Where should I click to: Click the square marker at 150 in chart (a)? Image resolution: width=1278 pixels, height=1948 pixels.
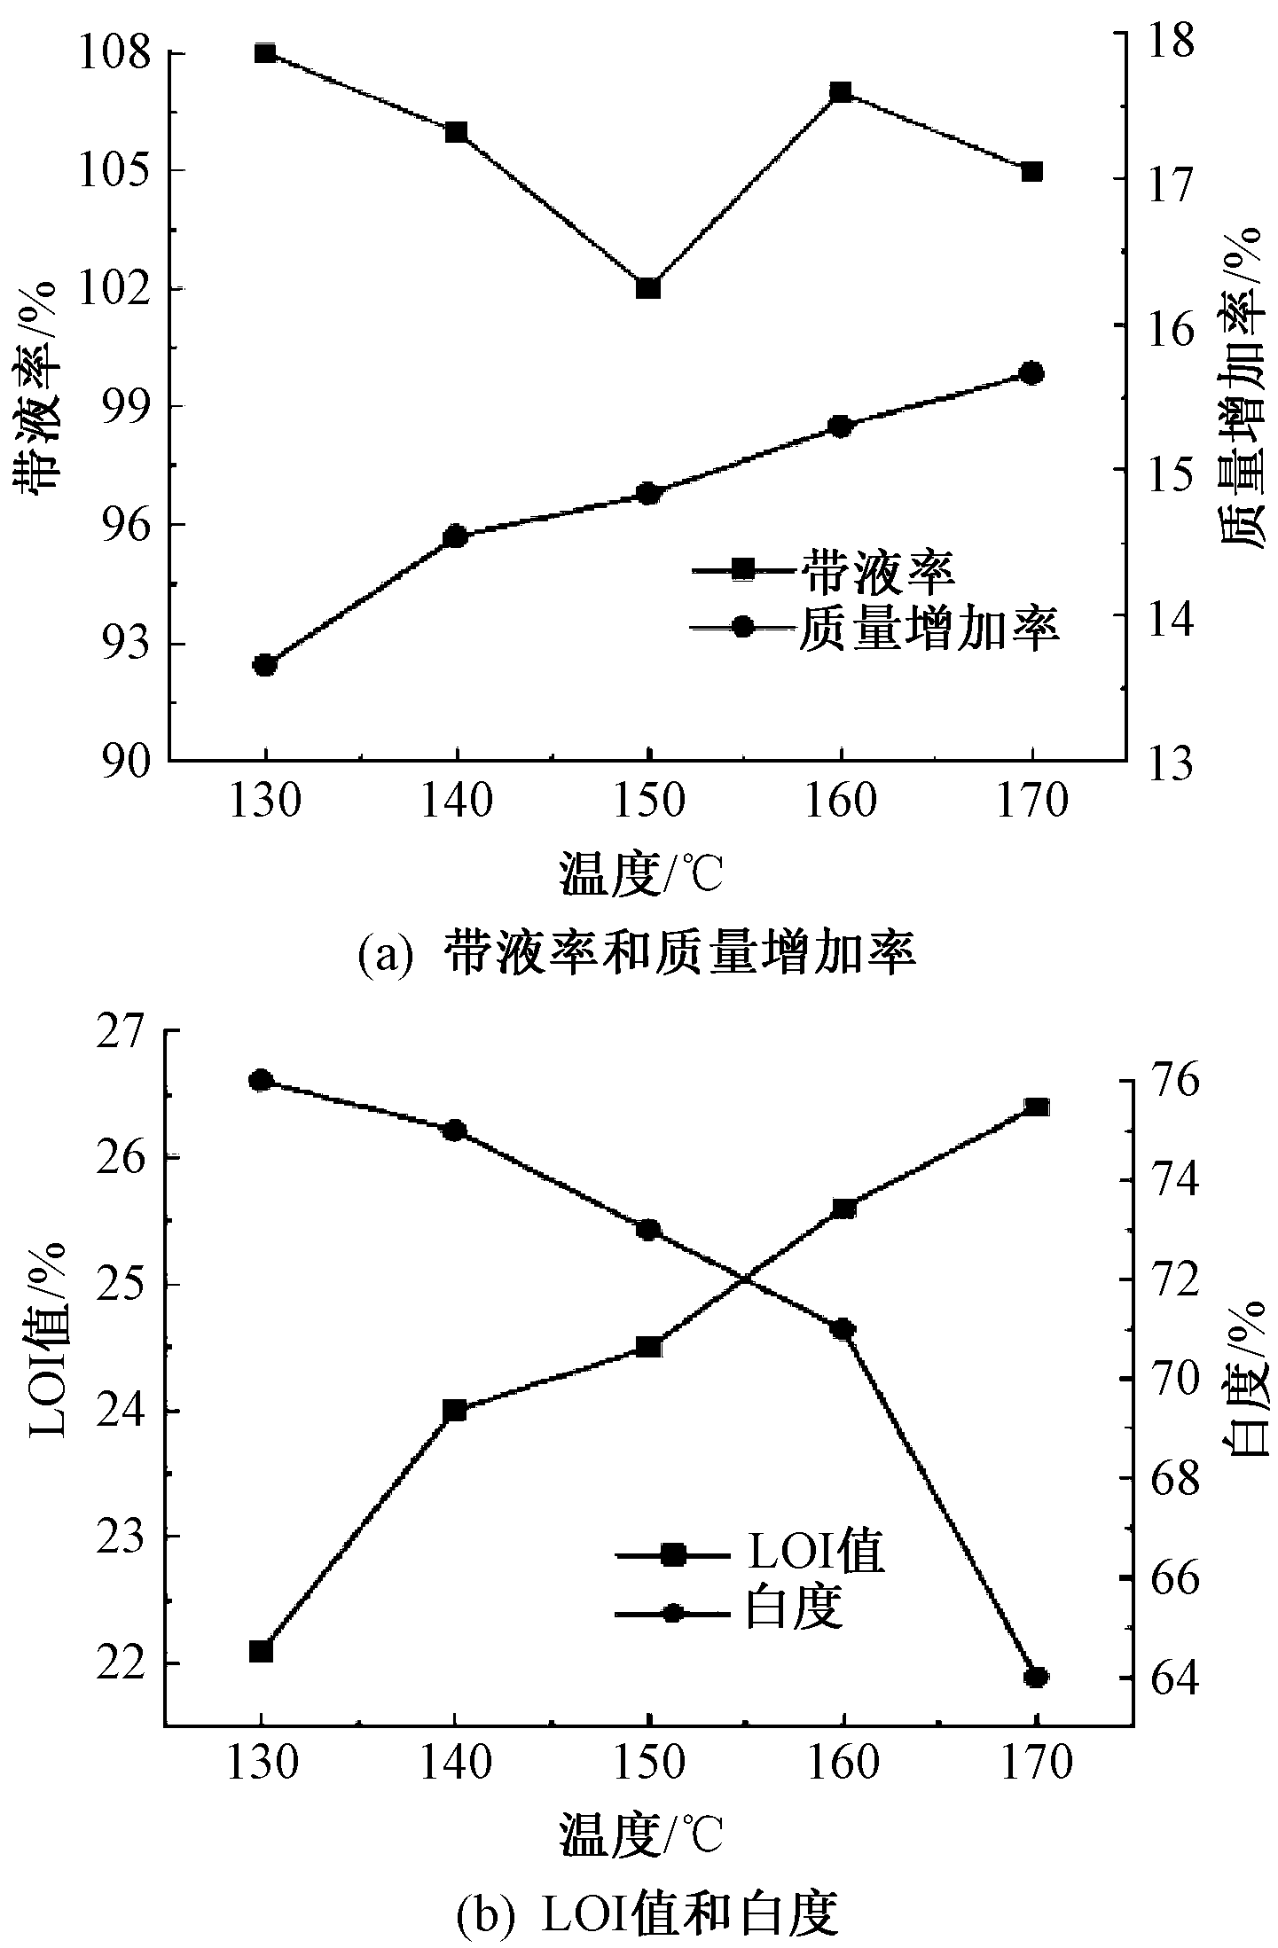point(648,288)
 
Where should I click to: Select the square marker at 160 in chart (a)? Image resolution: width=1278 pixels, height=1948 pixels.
point(841,92)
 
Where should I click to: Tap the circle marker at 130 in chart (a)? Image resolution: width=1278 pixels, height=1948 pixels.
point(264,665)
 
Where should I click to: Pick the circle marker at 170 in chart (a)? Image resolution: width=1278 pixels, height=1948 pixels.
point(1031,373)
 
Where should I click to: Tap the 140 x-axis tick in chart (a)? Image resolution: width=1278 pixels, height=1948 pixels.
point(457,802)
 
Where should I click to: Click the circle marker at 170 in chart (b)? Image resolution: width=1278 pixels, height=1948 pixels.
point(1036,1676)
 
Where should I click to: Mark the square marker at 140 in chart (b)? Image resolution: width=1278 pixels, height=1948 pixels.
point(455,1410)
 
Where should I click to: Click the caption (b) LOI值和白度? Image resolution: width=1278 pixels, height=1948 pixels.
point(646,1912)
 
